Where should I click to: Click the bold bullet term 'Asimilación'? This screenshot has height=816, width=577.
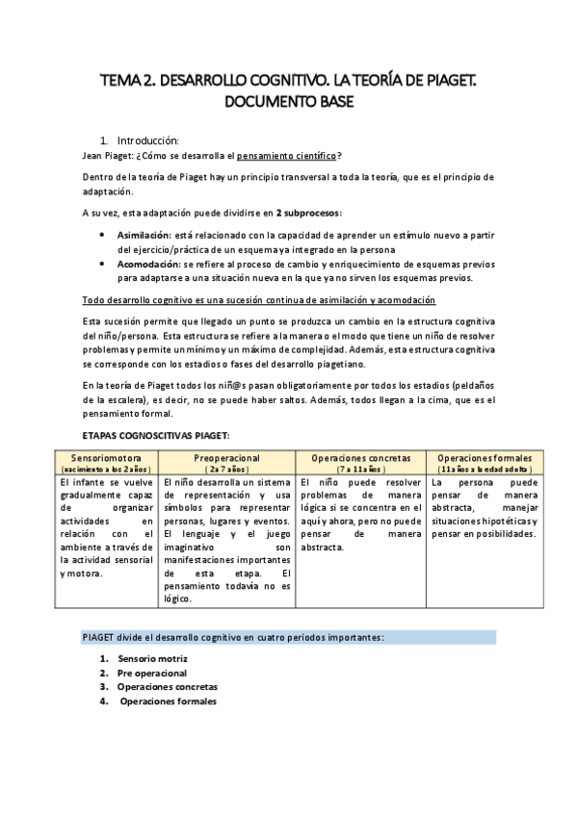point(144,234)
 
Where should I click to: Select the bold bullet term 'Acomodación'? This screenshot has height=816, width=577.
point(145,263)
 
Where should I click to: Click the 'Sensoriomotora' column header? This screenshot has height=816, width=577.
point(107,457)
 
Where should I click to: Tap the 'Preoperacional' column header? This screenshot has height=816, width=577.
point(227,457)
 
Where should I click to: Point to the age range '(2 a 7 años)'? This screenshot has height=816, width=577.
point(227,468)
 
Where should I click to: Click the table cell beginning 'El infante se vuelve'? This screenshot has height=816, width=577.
point(107,527)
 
